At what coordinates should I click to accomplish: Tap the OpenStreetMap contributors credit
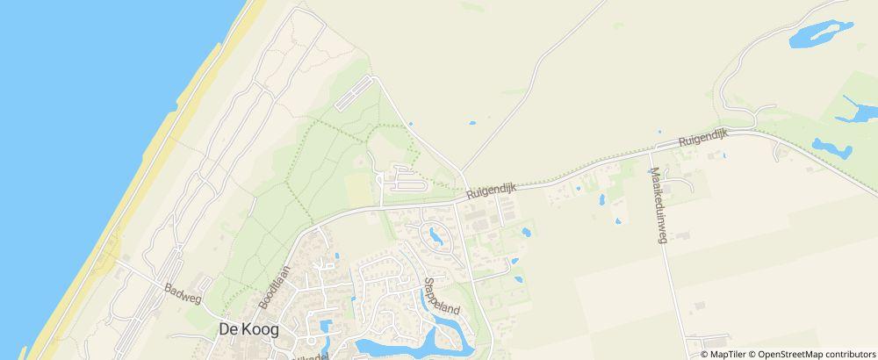pos(817,354)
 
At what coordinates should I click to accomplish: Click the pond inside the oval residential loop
pos(435,235)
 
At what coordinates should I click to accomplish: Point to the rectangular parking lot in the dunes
pos(356,92)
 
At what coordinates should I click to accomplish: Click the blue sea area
pos(70,132)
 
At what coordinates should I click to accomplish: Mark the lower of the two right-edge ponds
pos(832,148)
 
